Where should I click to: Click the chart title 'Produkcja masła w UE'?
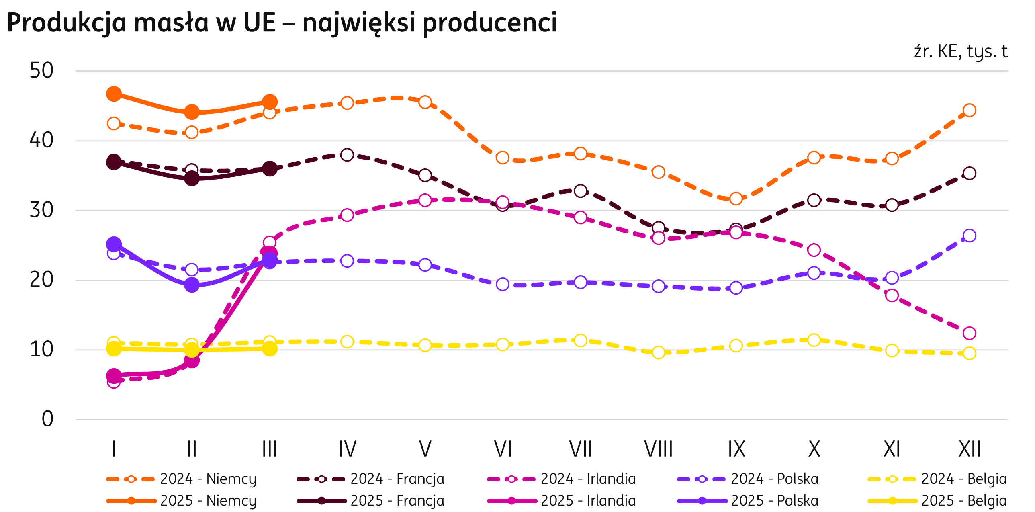pyautogui.click(x=281, y=23)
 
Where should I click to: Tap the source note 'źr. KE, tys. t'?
pyautogui.click(x=961, y=52)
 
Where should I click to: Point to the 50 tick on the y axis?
pyautogui.click(x=41, y=71)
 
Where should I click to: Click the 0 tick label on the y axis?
pyautogui.click(x=47, y=419)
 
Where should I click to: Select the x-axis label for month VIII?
pyautogui.click(x=658, y=449)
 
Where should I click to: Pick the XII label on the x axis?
pyautogui.click(x=969, y=449)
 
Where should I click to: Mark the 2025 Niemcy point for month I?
pyautogui.click(x=114, y=94)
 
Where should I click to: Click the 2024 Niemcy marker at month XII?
pyautogui.click(x=970, y=110)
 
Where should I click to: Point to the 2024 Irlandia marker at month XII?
pyautogui.click(x=970, y=333)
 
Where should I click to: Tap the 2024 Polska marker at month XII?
pyautogui.click(x=970, y=236)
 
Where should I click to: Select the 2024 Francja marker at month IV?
pyautogui.click(x=347, y=155)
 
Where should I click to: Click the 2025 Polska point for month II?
pyautogui.click(x=192, y=285)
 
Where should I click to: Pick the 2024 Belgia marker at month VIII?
pyautogui.click(x=658, y=353)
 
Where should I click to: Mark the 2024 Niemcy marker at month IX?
pyautogui.click(x=736, y=199)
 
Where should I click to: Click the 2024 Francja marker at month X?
pyautogui.click(x=814, y=200)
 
